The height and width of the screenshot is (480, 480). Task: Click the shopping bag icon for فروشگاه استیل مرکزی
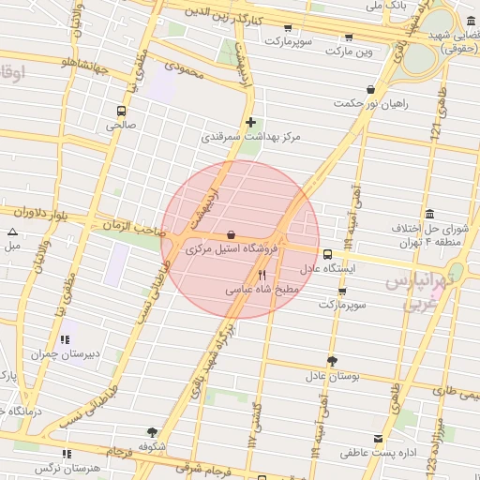pyautogui.click(x=232, y=234)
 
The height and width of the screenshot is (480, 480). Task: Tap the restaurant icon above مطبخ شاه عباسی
pyautogui.click(x=262, y=276)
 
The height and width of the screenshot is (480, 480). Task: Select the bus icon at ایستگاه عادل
pyautogui.click(x=327, y=253)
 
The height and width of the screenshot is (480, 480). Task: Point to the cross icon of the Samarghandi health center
pyautogui.click(x=250, y=122)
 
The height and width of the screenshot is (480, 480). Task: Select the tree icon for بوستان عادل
pyautogui.click(x=331, y=361)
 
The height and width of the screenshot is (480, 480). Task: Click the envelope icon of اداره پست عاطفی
pyautogui.click(x=378, y=439)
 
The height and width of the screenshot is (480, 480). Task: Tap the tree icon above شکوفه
pyautogui.click(x=152, y=432)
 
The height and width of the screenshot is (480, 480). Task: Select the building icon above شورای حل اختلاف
pyautogui.click(x=429, y=214)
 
